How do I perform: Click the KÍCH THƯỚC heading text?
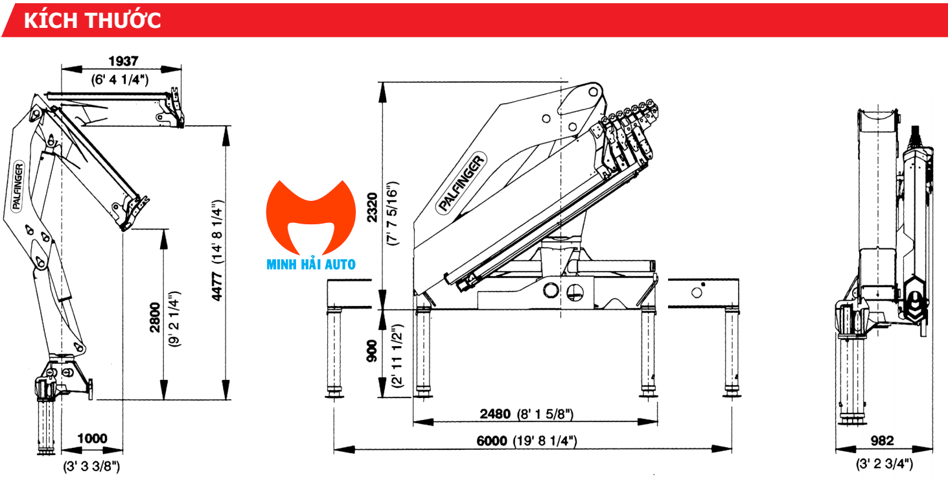[x=92, y=20]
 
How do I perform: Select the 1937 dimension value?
[x=123, y=61]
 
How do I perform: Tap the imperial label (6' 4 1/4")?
[x=121, y=80]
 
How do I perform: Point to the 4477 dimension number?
[x=218, y=285]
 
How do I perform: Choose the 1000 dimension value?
[x=91, y=439]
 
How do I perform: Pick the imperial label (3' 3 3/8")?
[x=91, y=465]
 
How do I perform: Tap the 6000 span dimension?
[x=491, y=441]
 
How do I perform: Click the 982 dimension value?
[x=881, y=441]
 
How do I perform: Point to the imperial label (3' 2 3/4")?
[x=884, y=463]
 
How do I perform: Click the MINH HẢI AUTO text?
[x=311, y=264]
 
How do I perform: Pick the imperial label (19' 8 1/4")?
[x=545, y=441]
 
